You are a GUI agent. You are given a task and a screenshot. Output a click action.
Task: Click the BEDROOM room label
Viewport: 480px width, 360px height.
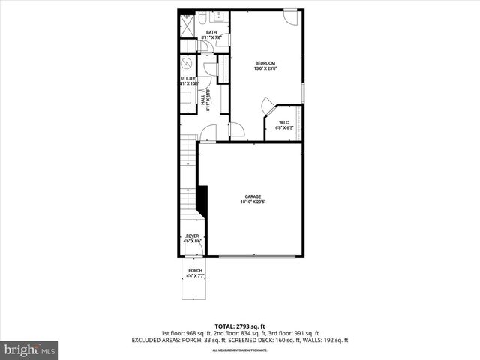point(265,62)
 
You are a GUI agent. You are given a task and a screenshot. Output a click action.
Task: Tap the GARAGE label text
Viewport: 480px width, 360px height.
point(252,196)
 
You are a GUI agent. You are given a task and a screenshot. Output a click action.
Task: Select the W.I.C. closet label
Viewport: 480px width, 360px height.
point(284,123)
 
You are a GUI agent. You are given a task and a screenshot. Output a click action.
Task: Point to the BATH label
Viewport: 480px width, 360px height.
point(212,32)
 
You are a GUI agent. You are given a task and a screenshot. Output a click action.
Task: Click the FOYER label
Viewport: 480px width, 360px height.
point(193,235)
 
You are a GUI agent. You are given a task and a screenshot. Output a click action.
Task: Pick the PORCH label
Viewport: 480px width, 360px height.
point(195,271)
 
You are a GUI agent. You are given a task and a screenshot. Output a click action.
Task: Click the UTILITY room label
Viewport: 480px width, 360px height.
point(187,79)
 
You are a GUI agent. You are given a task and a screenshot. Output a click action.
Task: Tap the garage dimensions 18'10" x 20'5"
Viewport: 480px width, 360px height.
point(252,202)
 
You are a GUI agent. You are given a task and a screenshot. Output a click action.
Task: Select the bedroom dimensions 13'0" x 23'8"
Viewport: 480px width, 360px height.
point(265,68)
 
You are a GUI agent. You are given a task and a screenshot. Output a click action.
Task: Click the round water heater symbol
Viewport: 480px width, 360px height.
point(187,62)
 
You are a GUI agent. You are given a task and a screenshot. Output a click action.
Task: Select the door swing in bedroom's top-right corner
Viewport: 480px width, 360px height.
point(291,17)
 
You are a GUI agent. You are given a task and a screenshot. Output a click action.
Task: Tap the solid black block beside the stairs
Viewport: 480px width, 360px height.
point(201,201)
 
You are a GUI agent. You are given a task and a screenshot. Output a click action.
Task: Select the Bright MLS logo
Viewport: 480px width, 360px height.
point(30,349)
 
